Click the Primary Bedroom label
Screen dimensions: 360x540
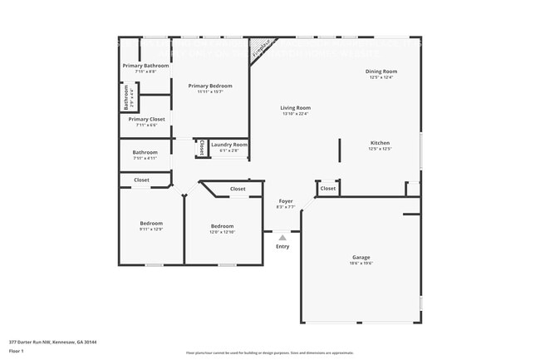pos(209,86)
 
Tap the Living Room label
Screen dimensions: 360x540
pos(295,107)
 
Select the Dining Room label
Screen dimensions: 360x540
pos(381,72)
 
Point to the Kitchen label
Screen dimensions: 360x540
pos(380,142)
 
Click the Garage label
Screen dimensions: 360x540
pos(361,257)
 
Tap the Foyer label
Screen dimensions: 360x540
pos(284,200)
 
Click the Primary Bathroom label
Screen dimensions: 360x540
pos(145,66)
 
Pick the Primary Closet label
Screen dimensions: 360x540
pos(145,119)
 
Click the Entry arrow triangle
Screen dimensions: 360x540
pos(282,238)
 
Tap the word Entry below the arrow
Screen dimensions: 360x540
pos(282,246)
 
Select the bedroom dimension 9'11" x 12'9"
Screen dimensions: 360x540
pos(150,229)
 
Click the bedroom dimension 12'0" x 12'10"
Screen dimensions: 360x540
pos(222,232)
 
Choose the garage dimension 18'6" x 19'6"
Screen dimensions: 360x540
pos(361,263)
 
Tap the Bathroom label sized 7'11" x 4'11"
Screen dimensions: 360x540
pos(145,152)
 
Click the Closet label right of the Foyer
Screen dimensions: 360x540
pos(328,188)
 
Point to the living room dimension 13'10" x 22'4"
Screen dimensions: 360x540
pos(295,113)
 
